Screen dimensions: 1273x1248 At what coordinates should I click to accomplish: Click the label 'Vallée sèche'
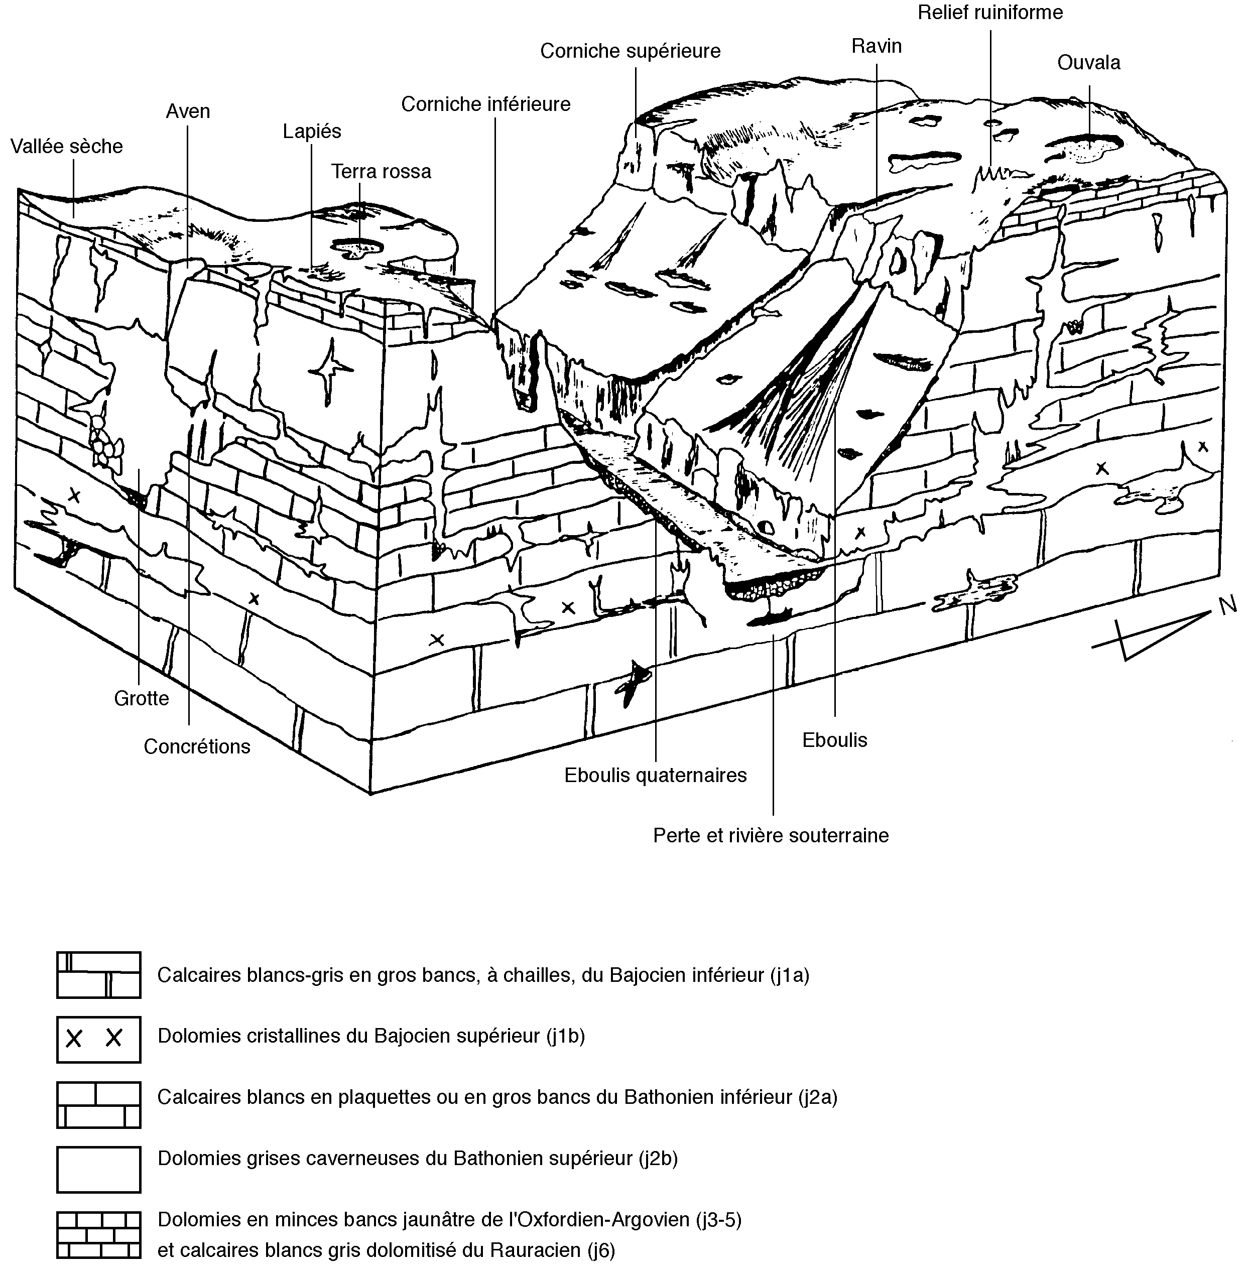point(67,146)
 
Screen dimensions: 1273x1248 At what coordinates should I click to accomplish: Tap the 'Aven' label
point(188,111)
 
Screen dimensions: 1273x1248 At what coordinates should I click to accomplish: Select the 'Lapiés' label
point(312,132)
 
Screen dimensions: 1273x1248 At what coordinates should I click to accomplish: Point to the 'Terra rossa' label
point(381,172)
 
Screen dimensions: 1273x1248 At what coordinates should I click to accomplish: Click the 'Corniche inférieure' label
point(486,104)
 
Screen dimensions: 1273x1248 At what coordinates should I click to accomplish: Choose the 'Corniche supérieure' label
point(630,51)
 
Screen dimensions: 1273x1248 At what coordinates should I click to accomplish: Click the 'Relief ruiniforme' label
point(990,13)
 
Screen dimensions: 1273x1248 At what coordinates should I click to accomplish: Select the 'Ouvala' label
point(1089,63)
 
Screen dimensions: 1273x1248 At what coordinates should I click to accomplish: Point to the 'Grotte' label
point(142,698)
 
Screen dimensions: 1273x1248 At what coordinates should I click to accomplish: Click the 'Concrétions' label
point(197,746)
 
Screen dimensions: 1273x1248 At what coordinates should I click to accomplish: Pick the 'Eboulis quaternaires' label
point(656,776)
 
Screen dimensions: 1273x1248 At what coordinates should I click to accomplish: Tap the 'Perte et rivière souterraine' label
point(771,836)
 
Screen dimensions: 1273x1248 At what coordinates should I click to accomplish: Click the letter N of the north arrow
point(1227,606)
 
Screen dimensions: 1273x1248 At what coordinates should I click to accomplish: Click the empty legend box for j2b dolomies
point(99,1170)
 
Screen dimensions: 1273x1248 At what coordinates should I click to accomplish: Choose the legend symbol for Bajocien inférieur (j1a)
point(99,975)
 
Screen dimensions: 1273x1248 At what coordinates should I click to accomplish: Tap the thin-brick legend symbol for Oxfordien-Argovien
point(99,1235)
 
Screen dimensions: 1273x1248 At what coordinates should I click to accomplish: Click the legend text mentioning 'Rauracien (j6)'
point(386,1251)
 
